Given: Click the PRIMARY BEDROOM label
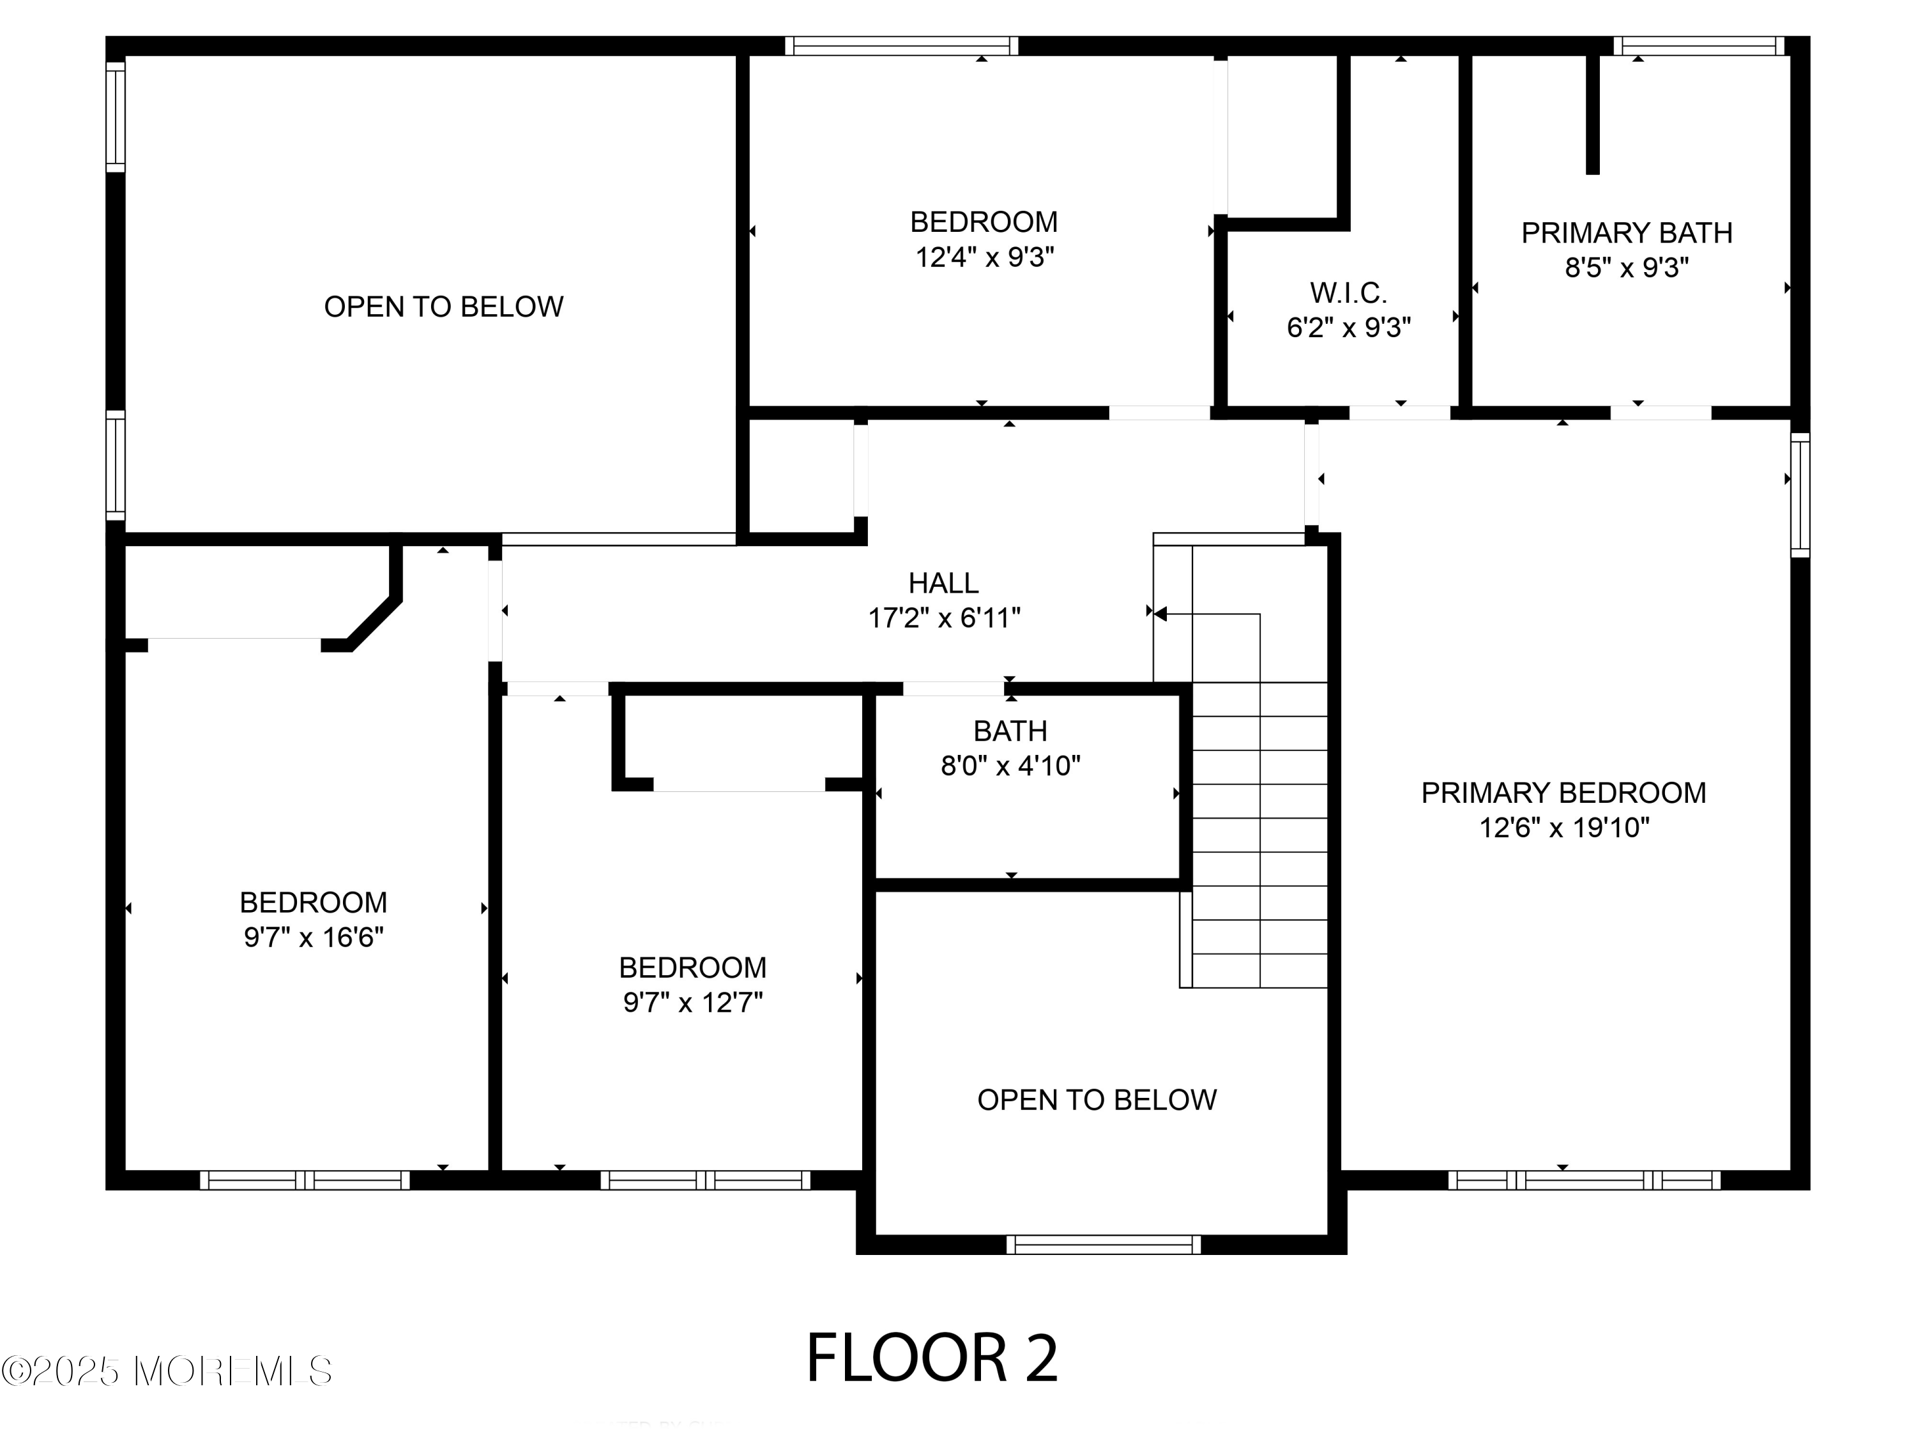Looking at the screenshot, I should (1563, 793).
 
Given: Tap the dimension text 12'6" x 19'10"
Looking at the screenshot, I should (1563, 828).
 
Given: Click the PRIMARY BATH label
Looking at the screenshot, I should (1626, 233).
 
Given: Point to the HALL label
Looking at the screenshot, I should (943, 583).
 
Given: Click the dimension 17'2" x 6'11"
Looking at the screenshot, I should (943, 618).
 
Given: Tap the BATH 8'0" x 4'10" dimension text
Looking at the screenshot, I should (1010, 766).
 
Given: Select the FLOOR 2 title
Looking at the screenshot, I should (931, 1358).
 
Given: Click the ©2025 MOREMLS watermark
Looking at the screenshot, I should (166, 1371).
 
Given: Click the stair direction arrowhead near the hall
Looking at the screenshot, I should (1160, 614).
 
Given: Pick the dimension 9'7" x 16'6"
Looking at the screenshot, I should (313, 937).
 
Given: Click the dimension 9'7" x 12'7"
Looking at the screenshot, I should (692, 1002).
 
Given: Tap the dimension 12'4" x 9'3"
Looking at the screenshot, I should (984, 257).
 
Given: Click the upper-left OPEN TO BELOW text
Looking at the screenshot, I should (443, 307).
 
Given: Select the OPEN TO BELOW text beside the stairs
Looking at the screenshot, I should (1097, 1100).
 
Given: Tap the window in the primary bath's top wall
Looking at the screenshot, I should (1698, 46).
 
